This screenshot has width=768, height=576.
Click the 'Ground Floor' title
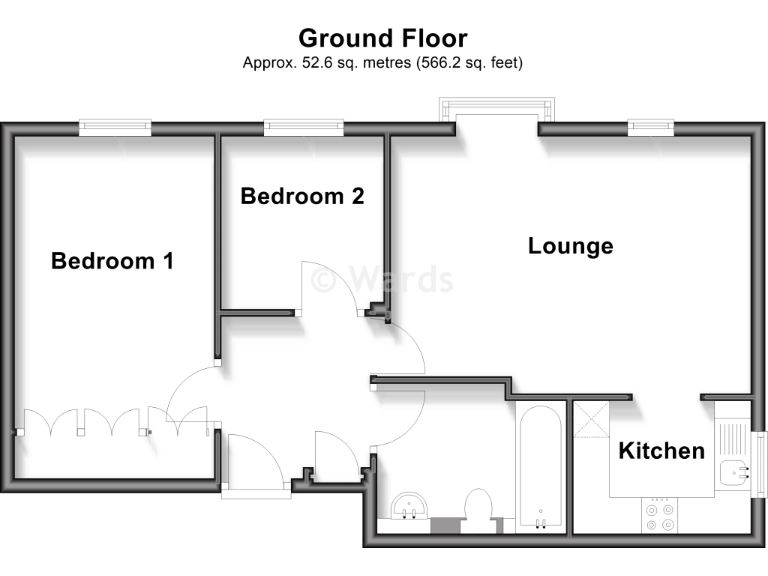click(x=383, y=38)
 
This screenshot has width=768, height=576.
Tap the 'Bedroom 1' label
click(x=112, y=261)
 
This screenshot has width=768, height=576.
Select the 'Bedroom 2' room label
click(x=302, y=196)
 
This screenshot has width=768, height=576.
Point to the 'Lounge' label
click(x=570, y=246)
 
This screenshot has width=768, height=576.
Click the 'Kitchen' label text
click(x=661, y=451)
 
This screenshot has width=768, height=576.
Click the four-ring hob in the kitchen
click(x=659, y=514)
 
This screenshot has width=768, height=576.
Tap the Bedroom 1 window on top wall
click(x=116, y=126)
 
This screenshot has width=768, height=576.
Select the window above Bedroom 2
click(x=303, y=126)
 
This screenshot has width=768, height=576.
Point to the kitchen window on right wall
click(x=757, y=461)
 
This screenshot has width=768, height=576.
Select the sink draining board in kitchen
click(x=732, y=436)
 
